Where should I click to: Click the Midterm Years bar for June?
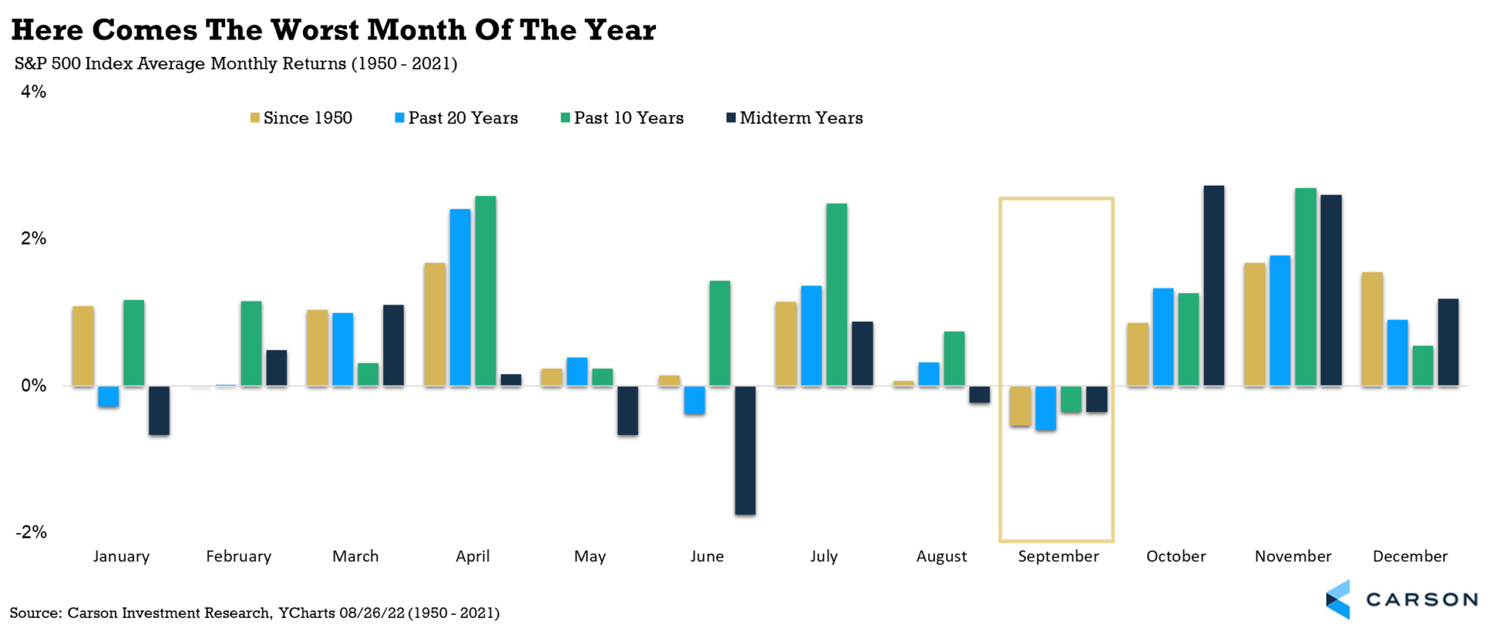pos(745,450)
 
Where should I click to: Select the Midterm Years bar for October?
pos(1214,286)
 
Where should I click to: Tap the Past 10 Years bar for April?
pos(486,292)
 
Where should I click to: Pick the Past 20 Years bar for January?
pos(108,397)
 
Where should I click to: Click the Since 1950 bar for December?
pos(1372,329)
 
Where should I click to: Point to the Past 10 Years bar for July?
pos(836,295)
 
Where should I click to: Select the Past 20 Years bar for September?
pos(1045,408)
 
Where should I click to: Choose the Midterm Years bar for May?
pos(627,411)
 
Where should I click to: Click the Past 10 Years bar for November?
pos(1305,287)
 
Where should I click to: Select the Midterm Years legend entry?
pos(795,118)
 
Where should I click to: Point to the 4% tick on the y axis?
pos(33,92)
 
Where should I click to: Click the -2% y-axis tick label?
pos(32,532)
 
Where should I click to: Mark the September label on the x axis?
pos(1058,557)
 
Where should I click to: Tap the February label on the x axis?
pos(239,557)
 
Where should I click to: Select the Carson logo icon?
pos(1339,599)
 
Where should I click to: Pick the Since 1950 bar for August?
pos(903,384)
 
